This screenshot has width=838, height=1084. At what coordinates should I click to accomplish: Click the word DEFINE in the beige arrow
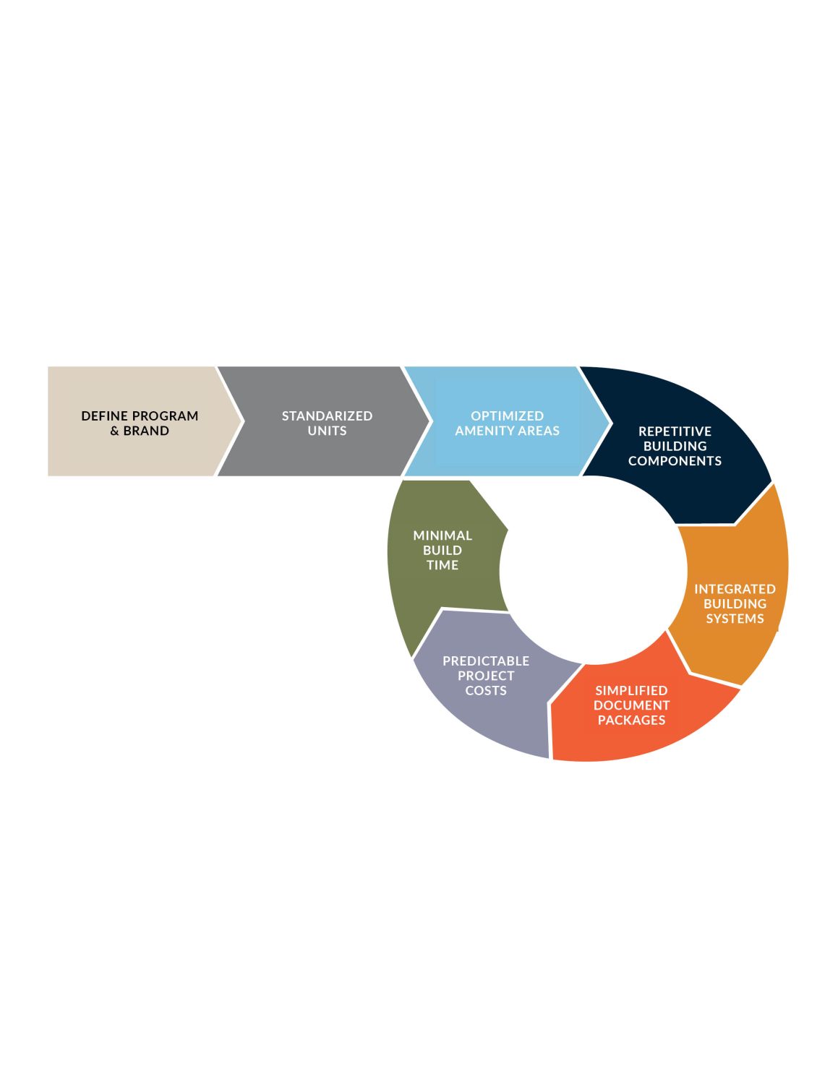coord(105,416)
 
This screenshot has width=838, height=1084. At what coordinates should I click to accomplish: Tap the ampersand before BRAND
coord(114,431)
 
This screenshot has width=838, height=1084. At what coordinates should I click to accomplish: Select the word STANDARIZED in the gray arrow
coord(327,416)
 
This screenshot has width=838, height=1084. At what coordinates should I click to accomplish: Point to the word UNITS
coord(327,431)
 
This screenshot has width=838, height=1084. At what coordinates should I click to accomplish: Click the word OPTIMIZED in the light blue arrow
coord(507,416)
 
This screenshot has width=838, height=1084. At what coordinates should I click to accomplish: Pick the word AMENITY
coord(484,431)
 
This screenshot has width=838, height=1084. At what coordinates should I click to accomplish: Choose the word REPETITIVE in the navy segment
coord(675,431)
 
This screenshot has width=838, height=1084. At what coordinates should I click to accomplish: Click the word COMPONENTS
coord(675,461)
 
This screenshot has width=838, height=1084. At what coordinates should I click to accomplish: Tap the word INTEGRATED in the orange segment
coord(735,589)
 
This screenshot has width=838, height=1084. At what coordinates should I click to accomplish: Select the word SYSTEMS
coord(735,619)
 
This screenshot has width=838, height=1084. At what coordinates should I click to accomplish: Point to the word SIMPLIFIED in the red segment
coord(631,690)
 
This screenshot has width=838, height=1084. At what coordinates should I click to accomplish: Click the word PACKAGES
coord(631,720)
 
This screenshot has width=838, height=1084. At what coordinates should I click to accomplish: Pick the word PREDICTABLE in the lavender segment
coord(486,661)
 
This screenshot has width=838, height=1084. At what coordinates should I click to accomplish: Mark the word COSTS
coord(486,690)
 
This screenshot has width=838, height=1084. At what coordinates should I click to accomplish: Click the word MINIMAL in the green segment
coord(442,535)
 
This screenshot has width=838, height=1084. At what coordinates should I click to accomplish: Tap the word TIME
coord(442,565)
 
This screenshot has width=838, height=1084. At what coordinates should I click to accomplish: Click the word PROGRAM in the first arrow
coord(165,416)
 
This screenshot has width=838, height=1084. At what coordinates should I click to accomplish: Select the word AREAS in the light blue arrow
coord(539,431)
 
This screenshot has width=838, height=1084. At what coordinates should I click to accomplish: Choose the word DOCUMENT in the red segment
coord(631,705)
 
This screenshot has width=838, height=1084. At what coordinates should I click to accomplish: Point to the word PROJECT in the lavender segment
coord(486,676)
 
